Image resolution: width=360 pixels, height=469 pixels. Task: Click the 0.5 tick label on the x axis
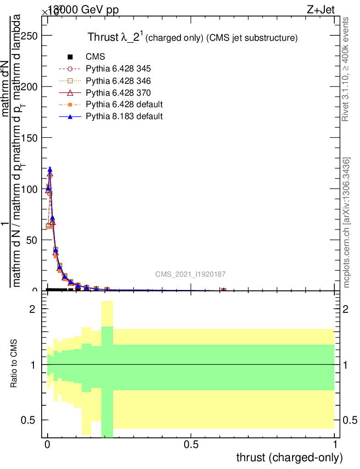tap(191, 445)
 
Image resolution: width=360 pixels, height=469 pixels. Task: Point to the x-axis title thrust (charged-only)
tap(289, 457)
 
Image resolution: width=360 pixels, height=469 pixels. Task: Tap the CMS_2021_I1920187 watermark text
tap(190, 274)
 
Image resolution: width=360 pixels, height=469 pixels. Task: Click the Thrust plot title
tap(193, 38)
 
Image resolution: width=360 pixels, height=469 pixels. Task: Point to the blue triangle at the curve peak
tap(50, 169)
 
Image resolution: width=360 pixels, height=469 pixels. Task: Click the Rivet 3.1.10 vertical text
tap(345, 69)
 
